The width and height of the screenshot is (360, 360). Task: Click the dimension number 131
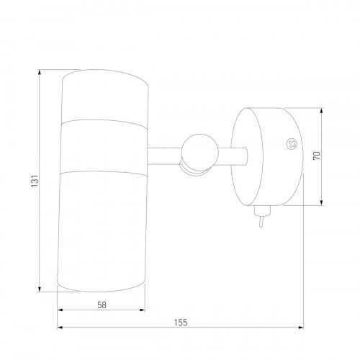35,181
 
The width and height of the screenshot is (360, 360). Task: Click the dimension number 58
102,305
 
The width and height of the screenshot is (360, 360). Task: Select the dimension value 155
181,323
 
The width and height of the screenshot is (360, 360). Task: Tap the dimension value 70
317,156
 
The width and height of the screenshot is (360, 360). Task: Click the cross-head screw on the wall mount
292,144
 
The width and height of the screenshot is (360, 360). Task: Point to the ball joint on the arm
200,153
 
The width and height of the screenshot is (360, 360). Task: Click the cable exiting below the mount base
261,222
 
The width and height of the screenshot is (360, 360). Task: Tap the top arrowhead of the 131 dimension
40,72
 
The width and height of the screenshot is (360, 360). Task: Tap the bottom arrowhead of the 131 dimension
40,289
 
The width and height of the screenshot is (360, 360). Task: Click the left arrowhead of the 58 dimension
60,310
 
